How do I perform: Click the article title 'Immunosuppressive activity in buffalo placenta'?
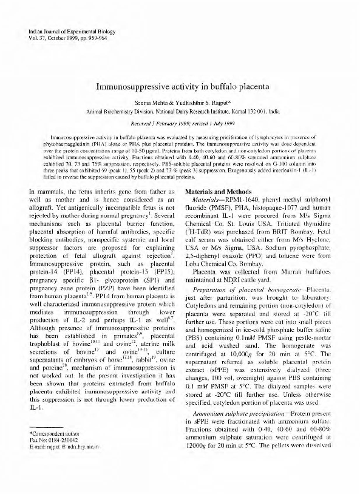(x=180, y=86)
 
